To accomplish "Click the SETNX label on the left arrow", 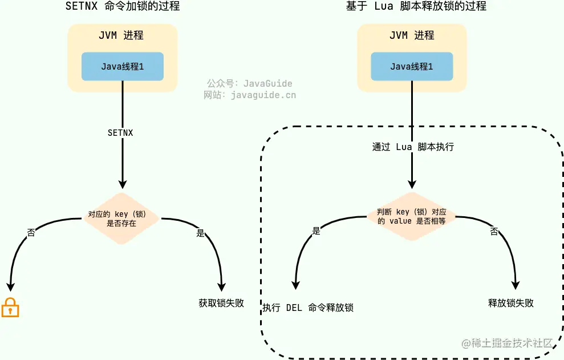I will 120,132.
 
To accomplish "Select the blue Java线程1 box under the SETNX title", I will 123,67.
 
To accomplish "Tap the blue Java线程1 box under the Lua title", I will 412,67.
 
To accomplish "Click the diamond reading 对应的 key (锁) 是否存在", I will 121,219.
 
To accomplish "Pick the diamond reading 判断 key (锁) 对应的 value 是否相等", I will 411,216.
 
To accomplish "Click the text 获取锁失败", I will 221,303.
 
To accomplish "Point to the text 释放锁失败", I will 511,303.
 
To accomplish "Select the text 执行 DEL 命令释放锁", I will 308,308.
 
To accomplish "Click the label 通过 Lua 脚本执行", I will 413,147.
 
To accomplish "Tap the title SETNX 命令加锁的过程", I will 123,6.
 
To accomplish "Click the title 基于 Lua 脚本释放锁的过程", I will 416,6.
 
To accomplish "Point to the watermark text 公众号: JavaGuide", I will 249,83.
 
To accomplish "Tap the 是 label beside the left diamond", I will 200,233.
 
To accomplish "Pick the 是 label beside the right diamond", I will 317,230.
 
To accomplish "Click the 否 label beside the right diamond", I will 494,231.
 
